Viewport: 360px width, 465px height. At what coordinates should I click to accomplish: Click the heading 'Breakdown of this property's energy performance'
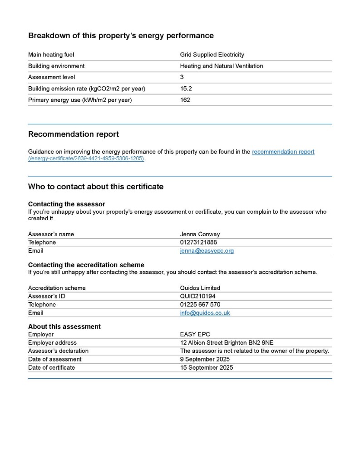(x=121, y=35)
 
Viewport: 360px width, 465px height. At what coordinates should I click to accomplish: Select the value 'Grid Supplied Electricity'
(x=212, y=55)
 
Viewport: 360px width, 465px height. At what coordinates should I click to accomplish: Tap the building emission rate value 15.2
(x=186, y=89)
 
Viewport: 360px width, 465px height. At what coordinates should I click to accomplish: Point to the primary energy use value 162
(x=185, y=100)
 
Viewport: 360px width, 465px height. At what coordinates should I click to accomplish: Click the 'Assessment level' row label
(x=52, y=77)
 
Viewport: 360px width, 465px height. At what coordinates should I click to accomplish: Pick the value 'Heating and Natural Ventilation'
(x=222, y=66)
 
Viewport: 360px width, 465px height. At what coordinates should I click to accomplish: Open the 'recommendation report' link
(x=283, y=152)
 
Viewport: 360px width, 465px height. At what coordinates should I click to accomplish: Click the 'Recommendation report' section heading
(x=74, y=134)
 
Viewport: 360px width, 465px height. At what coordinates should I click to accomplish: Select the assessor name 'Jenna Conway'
(x=200, y=234)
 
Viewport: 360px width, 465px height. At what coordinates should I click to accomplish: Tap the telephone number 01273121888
(x=198, y=242)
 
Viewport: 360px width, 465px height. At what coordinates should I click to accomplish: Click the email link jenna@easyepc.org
(x=207, y=251)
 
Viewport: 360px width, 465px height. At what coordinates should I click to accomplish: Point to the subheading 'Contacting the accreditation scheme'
(x=86, y=265)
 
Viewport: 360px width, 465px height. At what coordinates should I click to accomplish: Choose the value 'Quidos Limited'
(x=200, y=288)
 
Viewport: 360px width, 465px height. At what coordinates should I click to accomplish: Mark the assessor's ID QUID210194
(x=198, y=296)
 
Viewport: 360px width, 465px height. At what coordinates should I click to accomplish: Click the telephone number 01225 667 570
(x=200, y=305)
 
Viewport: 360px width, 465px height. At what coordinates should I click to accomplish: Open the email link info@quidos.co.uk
(x=205, y=313)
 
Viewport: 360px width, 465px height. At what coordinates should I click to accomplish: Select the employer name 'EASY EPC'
(x=195, y=335)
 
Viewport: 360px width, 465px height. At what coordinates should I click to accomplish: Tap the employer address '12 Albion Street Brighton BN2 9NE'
(x=227, y=343)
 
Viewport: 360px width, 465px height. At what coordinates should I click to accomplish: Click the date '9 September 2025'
(x=205, y=359)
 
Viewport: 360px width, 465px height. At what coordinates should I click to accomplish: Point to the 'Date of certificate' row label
(x=51, y=367)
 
